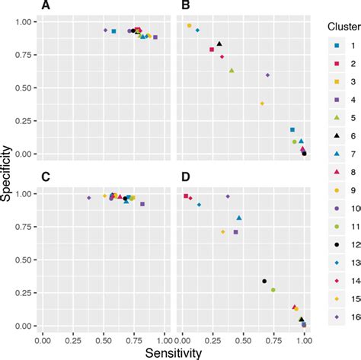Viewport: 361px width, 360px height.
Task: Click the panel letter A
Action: click(x=46, y=6)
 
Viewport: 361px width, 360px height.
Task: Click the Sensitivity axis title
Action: click(x=174, y=353)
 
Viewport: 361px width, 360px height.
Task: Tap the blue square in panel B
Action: click(x=292, y=130)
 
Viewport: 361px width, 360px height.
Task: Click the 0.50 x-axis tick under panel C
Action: click(x=104, y=342)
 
